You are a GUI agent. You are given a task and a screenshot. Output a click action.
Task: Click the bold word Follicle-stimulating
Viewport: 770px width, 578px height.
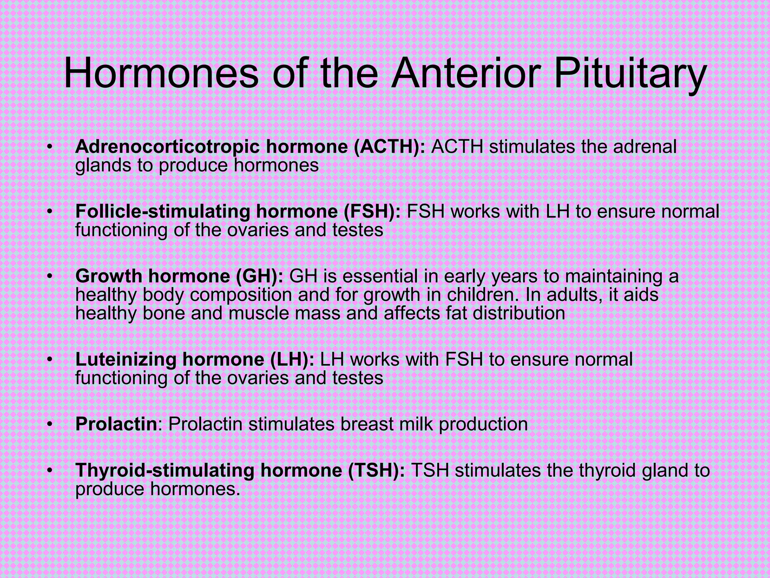click(162, 211)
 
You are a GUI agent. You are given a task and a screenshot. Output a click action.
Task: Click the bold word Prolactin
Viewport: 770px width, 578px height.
click(116, 424)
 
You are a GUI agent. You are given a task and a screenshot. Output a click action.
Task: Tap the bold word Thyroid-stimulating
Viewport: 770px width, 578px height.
click(165, 470)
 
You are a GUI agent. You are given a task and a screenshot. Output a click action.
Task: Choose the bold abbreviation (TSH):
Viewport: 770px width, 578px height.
click(377, 470)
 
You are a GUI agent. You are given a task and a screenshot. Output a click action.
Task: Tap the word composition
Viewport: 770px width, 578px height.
click(241, 295)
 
